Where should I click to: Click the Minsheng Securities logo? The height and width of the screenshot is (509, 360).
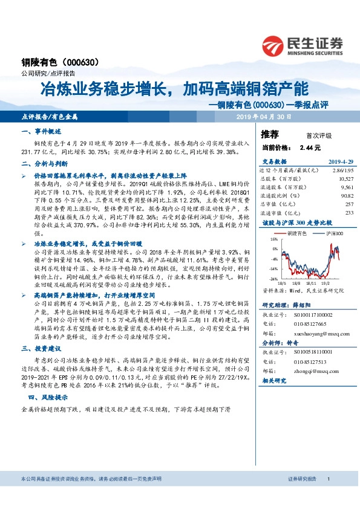pos(303,44)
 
